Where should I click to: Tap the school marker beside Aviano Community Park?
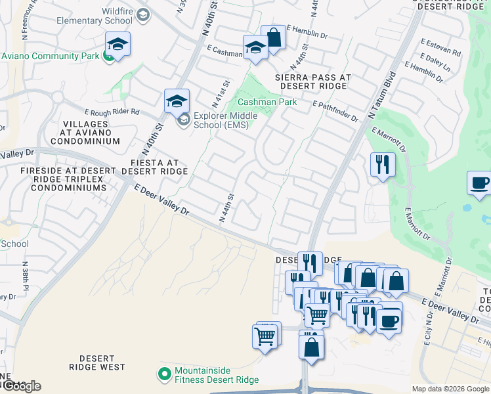point(117,45)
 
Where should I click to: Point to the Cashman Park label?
point(267,102)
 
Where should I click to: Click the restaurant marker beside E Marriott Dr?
point(383,164)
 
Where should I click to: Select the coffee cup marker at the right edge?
point(479,183)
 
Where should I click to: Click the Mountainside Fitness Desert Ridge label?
point(217,375)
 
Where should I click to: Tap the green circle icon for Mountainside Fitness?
point(165,375)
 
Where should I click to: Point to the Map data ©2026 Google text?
point(450,389)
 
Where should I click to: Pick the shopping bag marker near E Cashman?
point(273,38)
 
